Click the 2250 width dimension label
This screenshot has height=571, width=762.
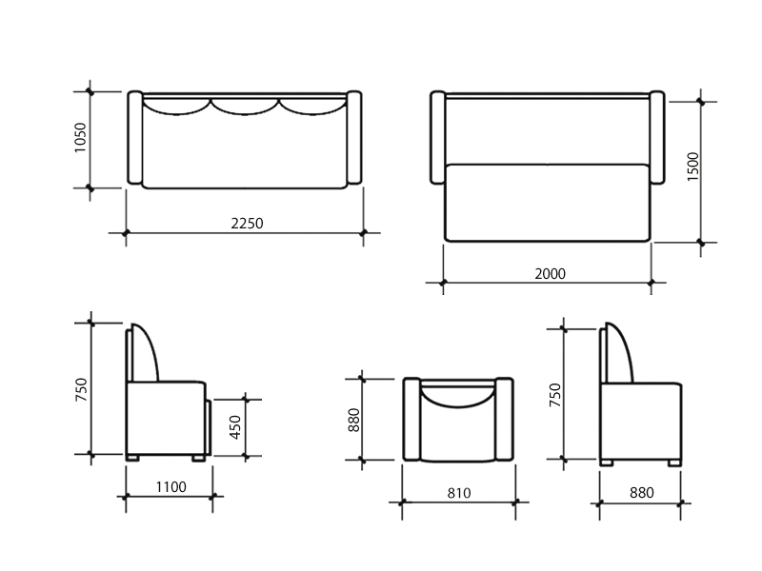coord(247,224)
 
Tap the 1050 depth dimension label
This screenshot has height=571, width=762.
coord(80,137)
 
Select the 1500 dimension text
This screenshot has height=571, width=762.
coord(693,167)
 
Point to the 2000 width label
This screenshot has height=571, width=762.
coord(551,274)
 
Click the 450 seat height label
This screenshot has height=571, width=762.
coord(235,427)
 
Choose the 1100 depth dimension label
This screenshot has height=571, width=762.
coord(171,486)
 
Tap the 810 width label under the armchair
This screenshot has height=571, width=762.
coord(459,493)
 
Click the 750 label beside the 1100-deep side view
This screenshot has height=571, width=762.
coord(81,389)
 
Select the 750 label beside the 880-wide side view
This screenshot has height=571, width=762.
coord(555,395)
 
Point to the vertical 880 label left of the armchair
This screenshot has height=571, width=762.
coord(353,420)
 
